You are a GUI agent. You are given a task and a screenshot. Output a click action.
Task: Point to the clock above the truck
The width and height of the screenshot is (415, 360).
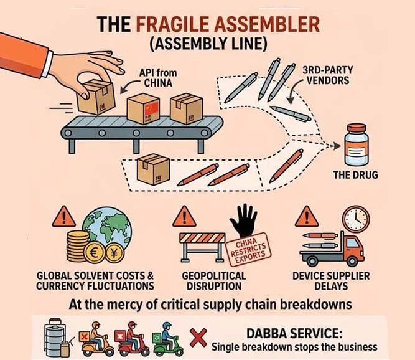point(356,219)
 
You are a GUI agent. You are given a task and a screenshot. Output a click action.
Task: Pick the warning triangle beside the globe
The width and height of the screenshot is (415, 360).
point(63,217)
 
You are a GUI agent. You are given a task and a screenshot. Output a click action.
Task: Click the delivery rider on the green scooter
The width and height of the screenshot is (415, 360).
point(166,337)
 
